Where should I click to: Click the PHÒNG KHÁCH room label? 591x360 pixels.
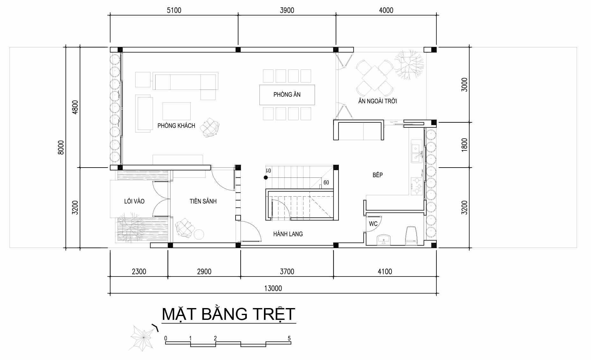(176, 126)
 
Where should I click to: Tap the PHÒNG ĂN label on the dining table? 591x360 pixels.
(287, 94)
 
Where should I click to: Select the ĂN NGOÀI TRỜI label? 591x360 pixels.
(377, 101)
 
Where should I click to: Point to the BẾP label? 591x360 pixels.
(377, 175)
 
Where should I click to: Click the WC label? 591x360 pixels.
(373, 224)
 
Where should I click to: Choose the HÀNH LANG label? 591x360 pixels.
(288, 234)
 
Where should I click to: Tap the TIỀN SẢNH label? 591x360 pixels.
(203, 201)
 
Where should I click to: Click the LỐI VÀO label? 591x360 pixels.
(134, 201)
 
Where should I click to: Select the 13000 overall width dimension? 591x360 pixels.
(273, 288)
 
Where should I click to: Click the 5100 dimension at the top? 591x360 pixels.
(174, 10)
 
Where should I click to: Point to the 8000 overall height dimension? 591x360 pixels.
(61, 147)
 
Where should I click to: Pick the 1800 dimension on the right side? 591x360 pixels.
(464, 144)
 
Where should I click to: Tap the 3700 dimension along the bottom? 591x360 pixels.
(287, 271)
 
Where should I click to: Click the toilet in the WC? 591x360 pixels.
(411, 236)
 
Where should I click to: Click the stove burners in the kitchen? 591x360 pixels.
(416, 186)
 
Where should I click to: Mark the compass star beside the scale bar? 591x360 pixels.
(142, 337)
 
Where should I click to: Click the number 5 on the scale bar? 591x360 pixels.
(289, 338)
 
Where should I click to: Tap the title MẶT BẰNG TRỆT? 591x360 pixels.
(229, 314)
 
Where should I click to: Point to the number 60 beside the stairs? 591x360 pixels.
(326, 183)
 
